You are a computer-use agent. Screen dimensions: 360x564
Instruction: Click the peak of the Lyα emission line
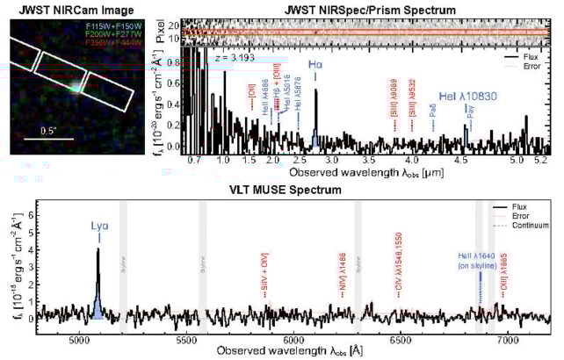click(x=98, y=249)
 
